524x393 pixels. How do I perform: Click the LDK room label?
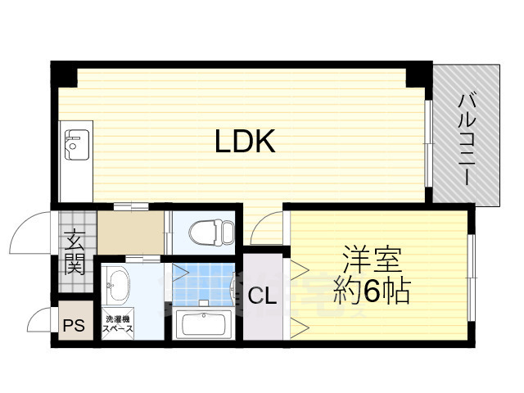tap(244, 142)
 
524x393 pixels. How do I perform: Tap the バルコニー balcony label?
tap(468, 138)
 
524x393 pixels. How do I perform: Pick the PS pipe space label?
tap(74, 324)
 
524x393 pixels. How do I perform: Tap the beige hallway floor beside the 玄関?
tap(131, 231)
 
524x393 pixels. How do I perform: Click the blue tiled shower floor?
tap(203, 282)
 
